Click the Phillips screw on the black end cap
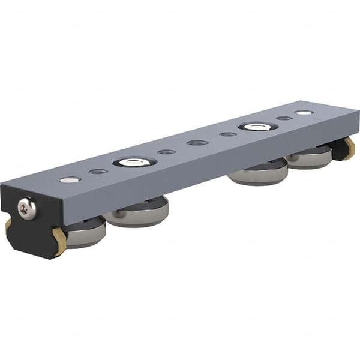click(26, 208)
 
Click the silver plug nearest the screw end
click(70, 179)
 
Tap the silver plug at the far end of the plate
click(304, 112)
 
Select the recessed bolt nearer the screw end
click(134, 162)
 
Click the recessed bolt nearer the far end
click(258, 127)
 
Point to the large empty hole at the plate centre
click(197, 143)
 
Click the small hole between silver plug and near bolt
click(98, 172)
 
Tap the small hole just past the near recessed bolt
click(166, 152)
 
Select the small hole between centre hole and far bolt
click(228, 134)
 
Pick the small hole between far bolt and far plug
click(284, 118)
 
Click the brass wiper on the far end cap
click(349, 146)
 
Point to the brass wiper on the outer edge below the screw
click(8, 224)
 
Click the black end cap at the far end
click(340, 150)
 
